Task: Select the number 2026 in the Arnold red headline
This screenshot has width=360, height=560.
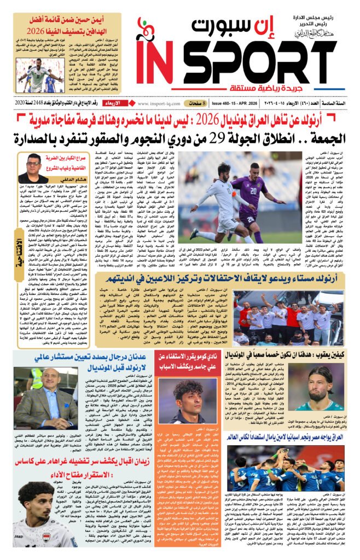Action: pos(179,116)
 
